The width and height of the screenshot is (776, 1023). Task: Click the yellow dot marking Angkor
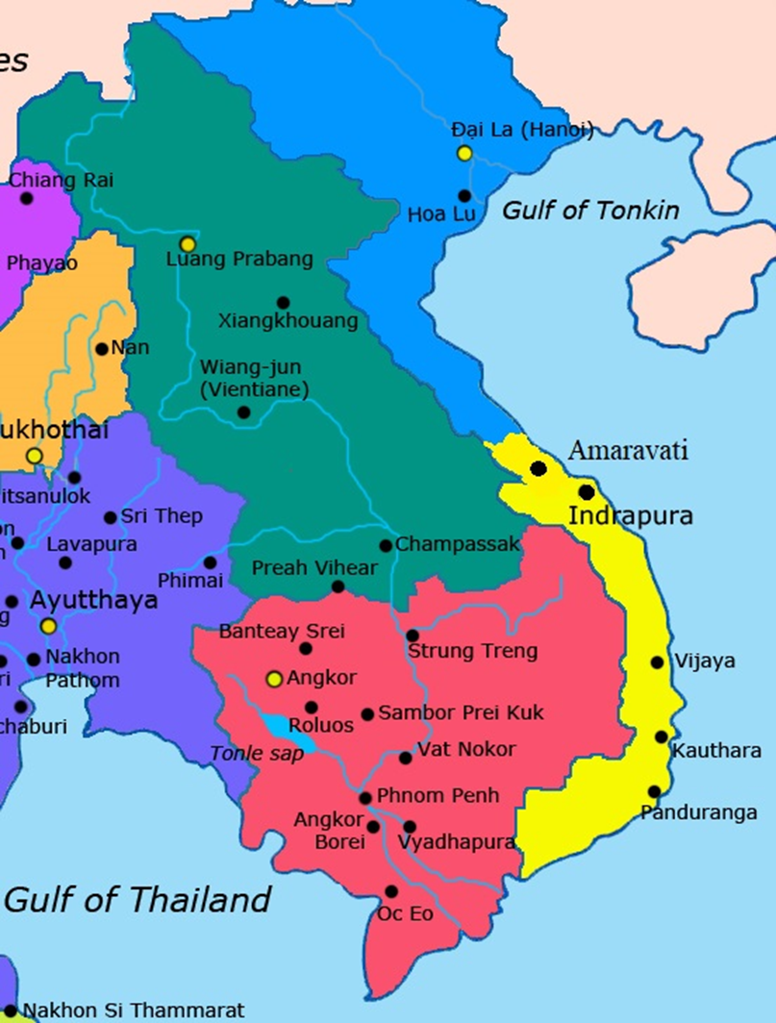point(274,680)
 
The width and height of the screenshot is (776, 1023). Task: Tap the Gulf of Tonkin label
point(590,211)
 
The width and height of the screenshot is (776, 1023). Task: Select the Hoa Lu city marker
point(465,195)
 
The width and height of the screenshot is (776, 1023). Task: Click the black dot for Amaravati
point(538,468)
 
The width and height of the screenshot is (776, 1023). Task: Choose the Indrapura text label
point(630,516)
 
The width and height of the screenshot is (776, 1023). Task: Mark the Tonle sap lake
point(286,734)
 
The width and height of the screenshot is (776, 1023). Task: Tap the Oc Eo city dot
point(391,891)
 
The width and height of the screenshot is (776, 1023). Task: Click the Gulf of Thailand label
point(138,901)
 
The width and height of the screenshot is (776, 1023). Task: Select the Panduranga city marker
point(654,791)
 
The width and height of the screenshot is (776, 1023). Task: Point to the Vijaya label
point(705,661)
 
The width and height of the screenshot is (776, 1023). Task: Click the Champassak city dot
point(386,545)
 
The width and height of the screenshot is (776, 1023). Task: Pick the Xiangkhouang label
point(288,320)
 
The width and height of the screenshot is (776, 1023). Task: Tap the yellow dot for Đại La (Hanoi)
point(464,153)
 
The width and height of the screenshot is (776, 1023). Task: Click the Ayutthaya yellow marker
point(48,625)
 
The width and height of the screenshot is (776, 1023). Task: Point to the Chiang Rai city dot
point(26,198)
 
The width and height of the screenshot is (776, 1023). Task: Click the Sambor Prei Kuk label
point(461,713)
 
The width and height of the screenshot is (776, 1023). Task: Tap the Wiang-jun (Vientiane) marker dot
point(243,412)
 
